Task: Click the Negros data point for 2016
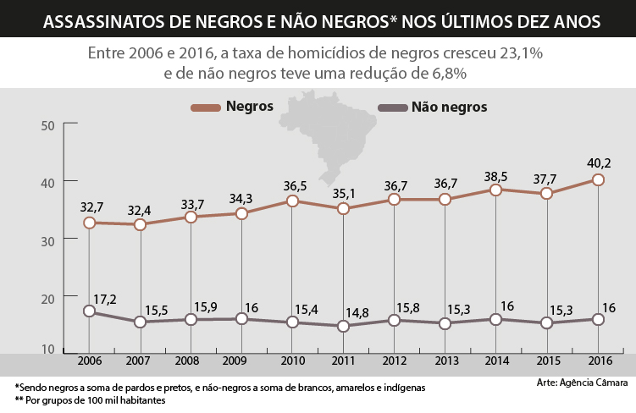(x=598, y=179)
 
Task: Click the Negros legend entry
(x=248, y=107)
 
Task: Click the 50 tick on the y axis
(x=47, y=125)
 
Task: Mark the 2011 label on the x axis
(x=343, y=361)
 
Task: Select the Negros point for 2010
(x=292, y=201)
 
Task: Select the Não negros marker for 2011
(x=343, y=326)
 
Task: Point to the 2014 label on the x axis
(x=496, y=361)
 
